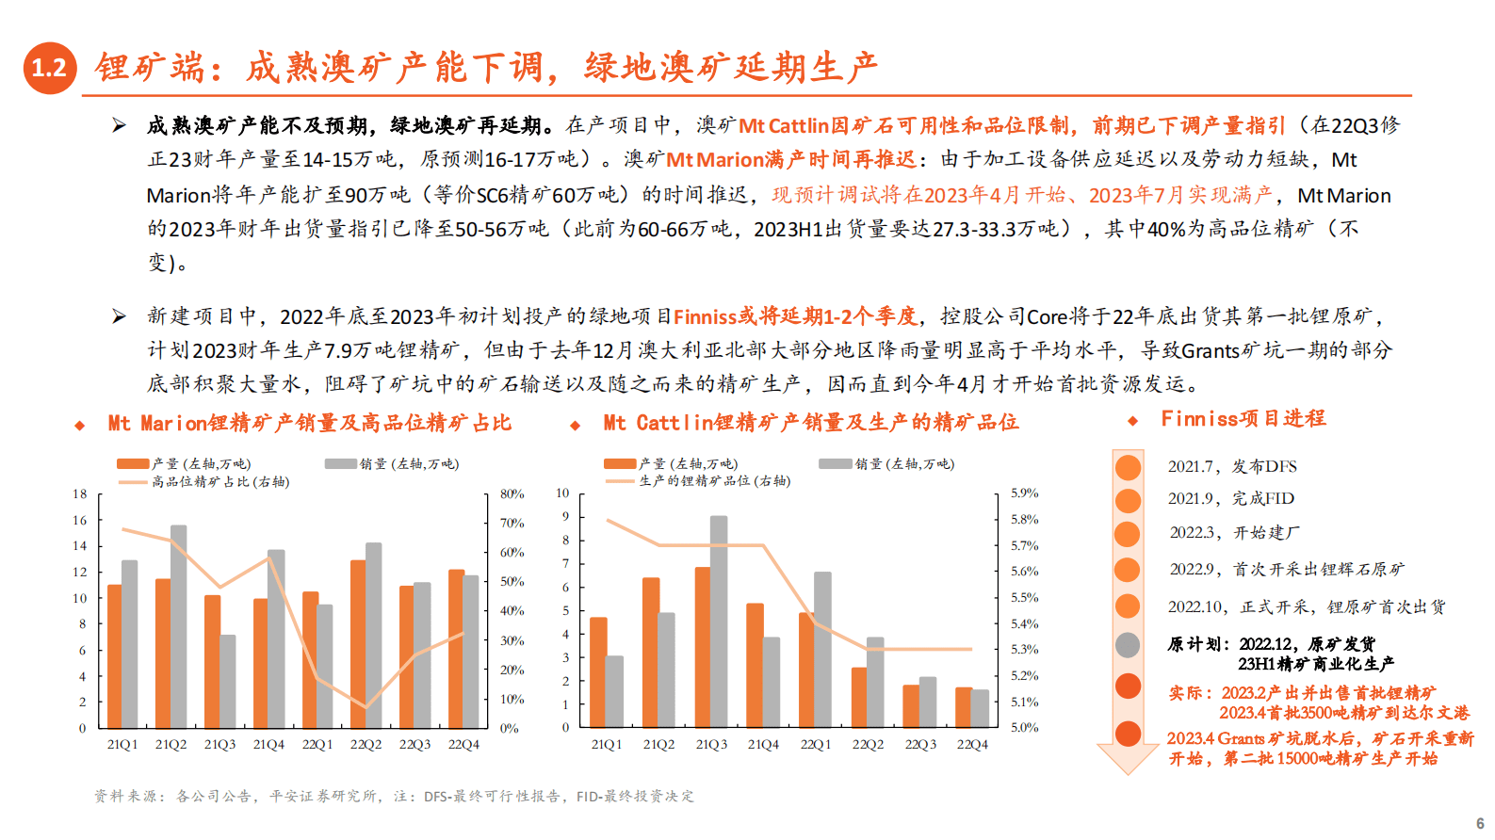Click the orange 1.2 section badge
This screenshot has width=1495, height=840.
(x=49, y=68)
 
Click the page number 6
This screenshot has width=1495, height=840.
(x=1480, y=823)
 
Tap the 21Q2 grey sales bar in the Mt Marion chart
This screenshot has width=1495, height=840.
(x=178, y=626)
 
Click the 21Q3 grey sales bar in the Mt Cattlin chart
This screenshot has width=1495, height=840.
(x=719, y=622)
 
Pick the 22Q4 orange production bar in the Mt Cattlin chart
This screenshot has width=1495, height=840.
(x=964, y=707)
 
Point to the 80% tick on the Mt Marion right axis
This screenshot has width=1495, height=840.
(x=512, y=493)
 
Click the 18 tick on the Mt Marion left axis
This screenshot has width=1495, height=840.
(x=80, y=493)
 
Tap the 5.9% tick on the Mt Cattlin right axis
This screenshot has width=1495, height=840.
(x=1024, y=493)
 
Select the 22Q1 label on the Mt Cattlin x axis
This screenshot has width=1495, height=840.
(x=816, y=744)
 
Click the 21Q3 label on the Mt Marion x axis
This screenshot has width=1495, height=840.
(x=219, y=744)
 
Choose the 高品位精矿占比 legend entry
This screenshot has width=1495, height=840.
(x=220, y=481)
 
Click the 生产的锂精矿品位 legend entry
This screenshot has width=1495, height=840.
(x=714, y=480)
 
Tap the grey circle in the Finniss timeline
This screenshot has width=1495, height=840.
(x=1128, y=645)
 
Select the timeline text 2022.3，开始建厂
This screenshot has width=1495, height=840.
(x=1234, y=532)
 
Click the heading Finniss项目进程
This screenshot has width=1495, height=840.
(x=1243, y=418)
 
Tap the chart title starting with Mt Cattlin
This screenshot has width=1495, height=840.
(x=810, y=423)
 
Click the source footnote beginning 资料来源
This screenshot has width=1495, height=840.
(x=394, y=796)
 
